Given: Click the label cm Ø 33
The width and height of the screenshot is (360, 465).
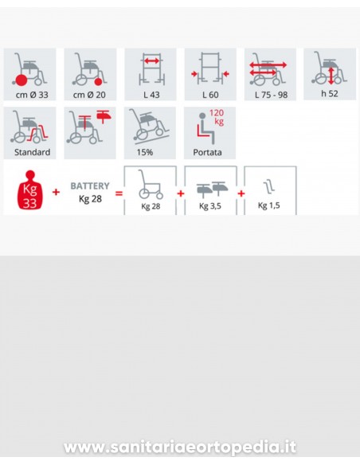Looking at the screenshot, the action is [x=32, y=95].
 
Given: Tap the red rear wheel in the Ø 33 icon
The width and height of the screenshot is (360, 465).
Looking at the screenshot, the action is [x=22, y=80].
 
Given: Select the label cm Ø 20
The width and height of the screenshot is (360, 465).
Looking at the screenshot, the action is [x=89, y=95].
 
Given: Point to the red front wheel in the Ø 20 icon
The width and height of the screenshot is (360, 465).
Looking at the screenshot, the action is [x=99, y=81].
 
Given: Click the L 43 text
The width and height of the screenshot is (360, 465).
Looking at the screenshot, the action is [x=151, y=95].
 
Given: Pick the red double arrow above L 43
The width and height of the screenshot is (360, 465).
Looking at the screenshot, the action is [x=152, y=61].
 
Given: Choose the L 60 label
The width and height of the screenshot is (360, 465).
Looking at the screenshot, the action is [x=210, y=95].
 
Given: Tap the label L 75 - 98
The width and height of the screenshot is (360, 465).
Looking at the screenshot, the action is [x=271, y=95].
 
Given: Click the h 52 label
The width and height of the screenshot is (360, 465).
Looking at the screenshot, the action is [x=330, y=94].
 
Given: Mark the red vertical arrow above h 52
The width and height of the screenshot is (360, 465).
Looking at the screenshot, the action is [x=331, y=76].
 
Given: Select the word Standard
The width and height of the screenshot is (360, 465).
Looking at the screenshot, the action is [x=33, y=152].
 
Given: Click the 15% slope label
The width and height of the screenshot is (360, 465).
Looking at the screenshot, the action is [x=145, y=152].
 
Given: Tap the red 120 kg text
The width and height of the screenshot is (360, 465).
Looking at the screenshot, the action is [x=217, y=117].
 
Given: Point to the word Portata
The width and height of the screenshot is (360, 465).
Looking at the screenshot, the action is [x=207, y=152].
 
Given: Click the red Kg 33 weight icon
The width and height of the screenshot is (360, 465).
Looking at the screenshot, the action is [x=30, y=190].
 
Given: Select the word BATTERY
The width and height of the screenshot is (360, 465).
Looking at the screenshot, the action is [x=90, y=186].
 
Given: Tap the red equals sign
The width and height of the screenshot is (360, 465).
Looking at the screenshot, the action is [x=119, y=193].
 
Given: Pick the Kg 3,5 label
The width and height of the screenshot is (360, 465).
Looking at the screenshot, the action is [x=210, y=205].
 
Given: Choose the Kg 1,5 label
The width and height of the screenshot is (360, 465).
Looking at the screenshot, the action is [x=269, y=205].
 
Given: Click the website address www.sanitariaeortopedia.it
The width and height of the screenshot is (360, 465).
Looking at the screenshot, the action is [x=180, y=447].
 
